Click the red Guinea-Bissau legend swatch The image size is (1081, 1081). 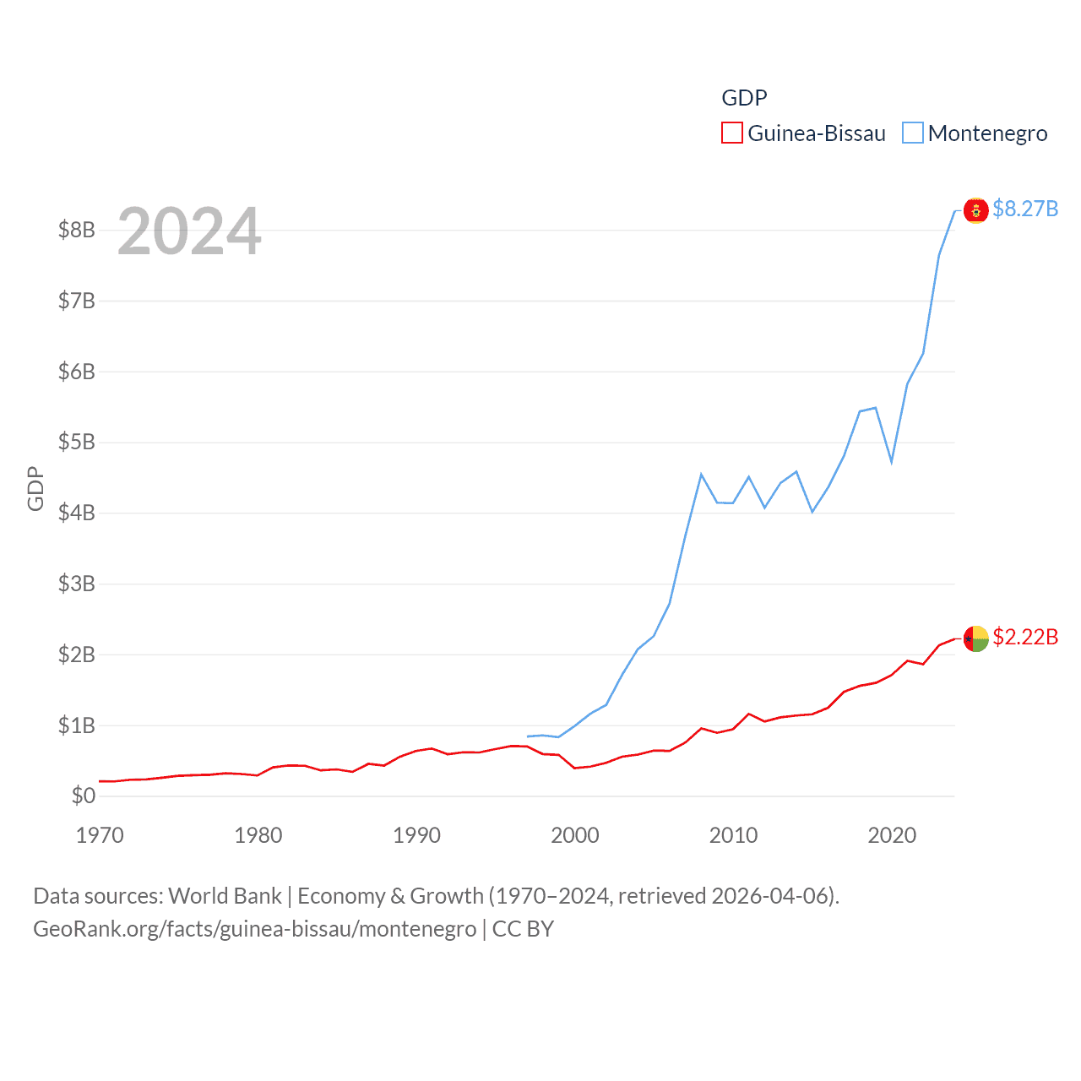click(731, 133)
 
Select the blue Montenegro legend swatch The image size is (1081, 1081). click(913, 133)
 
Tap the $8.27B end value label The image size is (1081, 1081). click(1025, 209)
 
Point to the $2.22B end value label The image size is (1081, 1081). click(1025, 637)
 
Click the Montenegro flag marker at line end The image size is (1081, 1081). click(975, 210)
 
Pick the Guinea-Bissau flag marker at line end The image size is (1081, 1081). click(975, 638)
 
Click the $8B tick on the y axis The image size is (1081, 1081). click(76, 230)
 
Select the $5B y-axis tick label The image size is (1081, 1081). click(76, 442)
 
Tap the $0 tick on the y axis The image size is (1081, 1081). click(83, 796)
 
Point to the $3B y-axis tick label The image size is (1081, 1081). click(76, 584)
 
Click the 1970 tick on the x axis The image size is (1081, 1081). click(100, 835)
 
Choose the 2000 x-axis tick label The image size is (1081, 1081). click(575, 835)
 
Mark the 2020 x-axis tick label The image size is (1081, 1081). click(892, 835)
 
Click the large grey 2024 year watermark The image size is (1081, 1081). click(189, 231)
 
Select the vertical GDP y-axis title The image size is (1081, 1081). click(35, 488)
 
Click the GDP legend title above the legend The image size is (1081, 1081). click(744, 98)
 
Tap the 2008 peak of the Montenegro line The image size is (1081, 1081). click(701, 475)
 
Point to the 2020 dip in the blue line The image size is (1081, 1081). click(891, 462)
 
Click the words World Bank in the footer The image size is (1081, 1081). click(225, 895)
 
